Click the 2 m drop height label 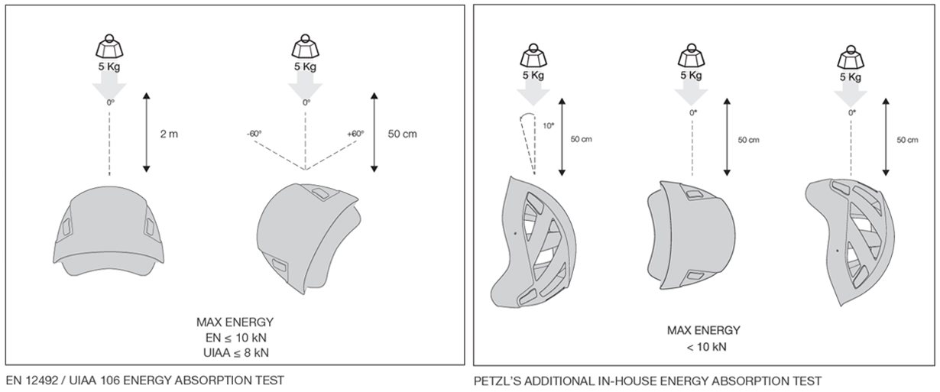coord(168,134)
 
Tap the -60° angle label coord(254,133)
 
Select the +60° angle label coord(355,133)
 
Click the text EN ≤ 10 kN coord(235,337)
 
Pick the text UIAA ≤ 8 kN coord(235,352)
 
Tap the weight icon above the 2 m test coord(109,47)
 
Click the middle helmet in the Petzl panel coord(690,234)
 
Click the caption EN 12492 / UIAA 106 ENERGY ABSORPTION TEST coord(145,380)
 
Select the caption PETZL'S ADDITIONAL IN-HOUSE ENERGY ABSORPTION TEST coord(647,380)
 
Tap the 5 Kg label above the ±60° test coord(306,66)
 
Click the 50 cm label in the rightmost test coord(907,140)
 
